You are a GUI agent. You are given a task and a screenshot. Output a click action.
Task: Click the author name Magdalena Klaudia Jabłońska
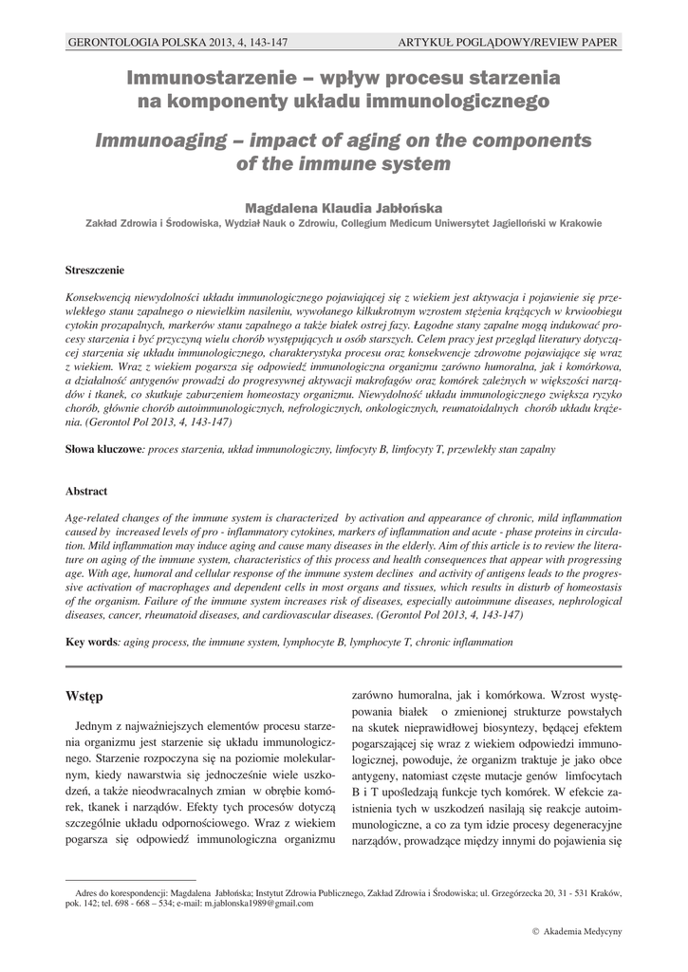[344, 206]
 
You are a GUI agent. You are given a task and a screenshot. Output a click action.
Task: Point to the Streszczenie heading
[94, 270]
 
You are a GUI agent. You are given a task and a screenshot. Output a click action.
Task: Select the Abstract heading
[85, 491]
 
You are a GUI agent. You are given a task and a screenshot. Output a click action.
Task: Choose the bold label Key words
[90, 643]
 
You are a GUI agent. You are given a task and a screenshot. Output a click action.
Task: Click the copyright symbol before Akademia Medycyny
[537, 933]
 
